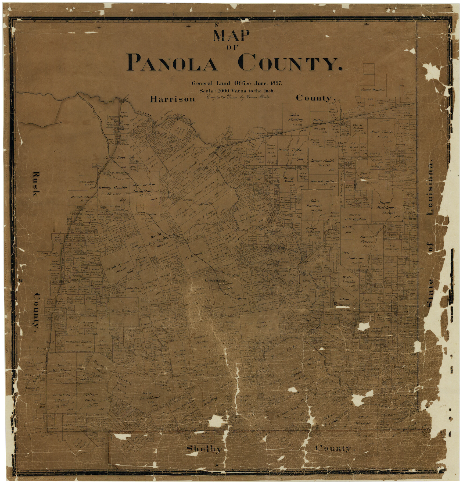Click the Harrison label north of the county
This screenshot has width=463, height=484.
pyautogui.click(x=173, y=99)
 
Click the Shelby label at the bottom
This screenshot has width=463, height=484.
pyautogui.click(x=204, y=449)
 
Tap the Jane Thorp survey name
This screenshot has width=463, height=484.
pyautogui.click(x=381, y=132)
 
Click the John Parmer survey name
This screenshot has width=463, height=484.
pyautogui.click(x=314, y=204)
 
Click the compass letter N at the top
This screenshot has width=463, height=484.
pyautogui.click(x=217, y=26)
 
